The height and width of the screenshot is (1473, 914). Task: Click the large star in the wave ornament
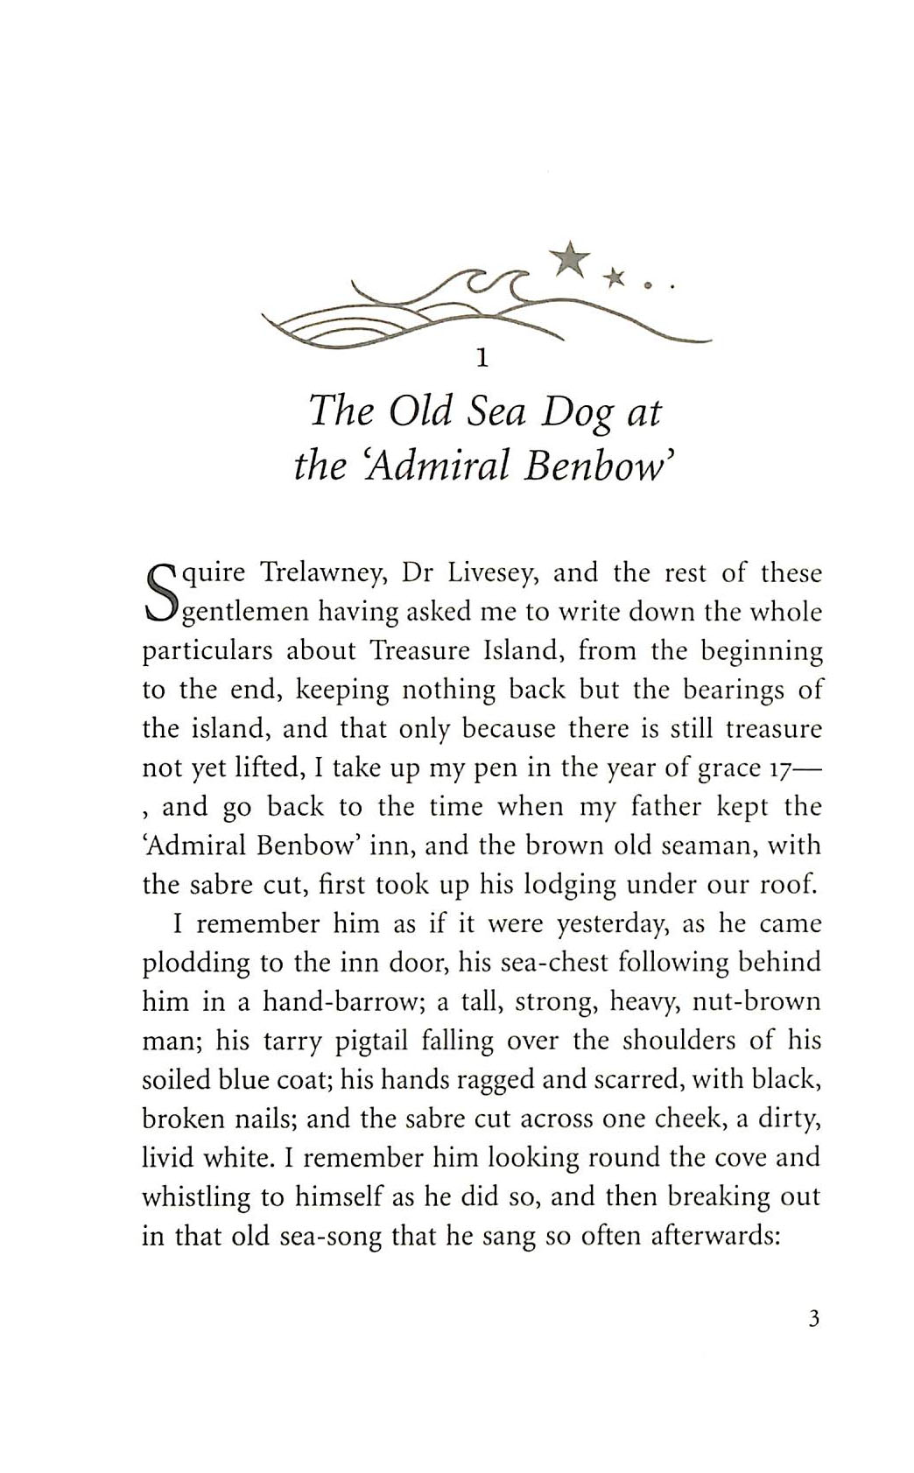[570, 258]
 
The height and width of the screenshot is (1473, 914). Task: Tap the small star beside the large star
[616, 277]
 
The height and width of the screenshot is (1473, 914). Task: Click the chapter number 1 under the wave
[480, 358]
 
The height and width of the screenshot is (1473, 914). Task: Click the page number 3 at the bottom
[814, 1319]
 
